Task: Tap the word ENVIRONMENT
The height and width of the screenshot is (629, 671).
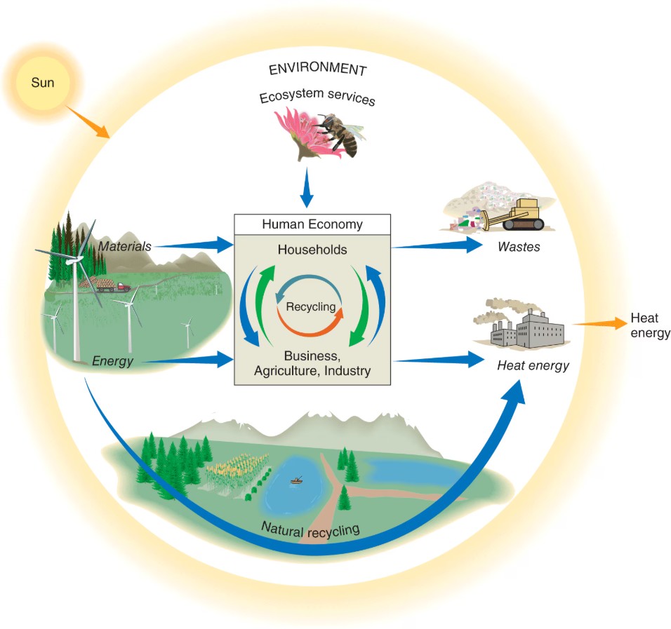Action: pos(317,69)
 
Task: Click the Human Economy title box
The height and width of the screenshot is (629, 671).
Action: pos(312,225)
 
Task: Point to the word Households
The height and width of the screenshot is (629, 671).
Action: pos(312,250)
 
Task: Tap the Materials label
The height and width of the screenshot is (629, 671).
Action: pos(126,245)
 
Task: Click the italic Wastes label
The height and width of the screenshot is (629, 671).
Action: pos(519,247)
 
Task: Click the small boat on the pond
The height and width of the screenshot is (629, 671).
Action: pos(298,481)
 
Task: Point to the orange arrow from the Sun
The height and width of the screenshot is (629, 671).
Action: pos(88,120)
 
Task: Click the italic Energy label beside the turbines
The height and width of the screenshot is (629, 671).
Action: pos(112,360)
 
